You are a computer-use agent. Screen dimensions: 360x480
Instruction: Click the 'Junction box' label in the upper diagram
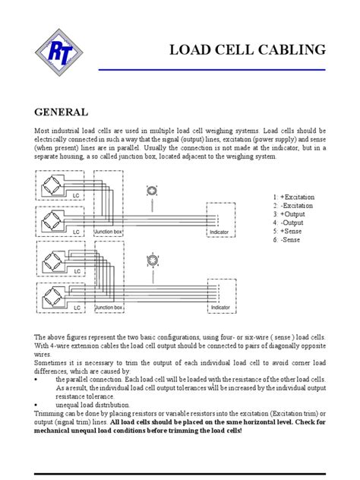coord(108,231)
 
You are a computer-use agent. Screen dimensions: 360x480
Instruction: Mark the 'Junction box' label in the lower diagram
coord(108,308)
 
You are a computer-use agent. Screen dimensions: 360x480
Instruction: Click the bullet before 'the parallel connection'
coord(37,378)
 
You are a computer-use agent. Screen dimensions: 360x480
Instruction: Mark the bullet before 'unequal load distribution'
coord(37,405)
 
